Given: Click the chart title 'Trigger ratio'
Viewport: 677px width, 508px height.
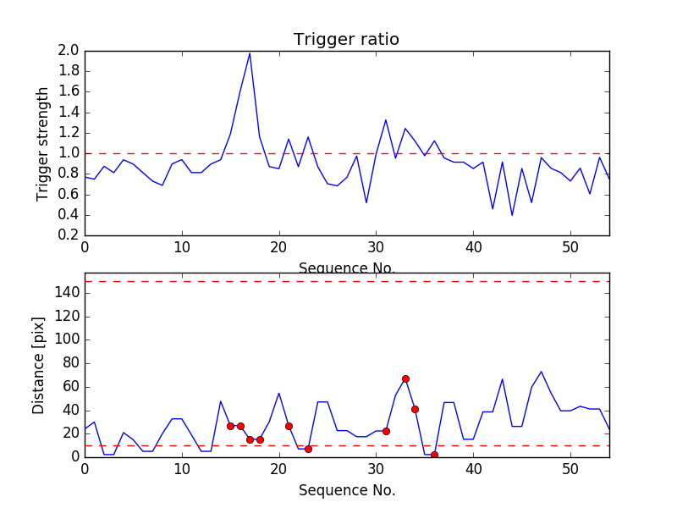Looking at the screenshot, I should [346, 40].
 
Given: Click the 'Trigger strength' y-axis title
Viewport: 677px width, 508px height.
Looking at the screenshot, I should [43, 143].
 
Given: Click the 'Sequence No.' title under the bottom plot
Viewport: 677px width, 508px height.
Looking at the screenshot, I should [346, 490].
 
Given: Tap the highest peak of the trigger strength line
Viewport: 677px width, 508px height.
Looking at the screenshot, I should [250, 53].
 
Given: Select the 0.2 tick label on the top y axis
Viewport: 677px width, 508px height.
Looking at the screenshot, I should [69, 235].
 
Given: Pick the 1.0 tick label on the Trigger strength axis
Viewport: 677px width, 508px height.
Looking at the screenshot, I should [69, 153].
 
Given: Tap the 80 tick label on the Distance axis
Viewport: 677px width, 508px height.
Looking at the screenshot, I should [69, 363].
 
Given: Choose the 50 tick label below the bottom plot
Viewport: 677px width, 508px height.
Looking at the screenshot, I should [570, 469].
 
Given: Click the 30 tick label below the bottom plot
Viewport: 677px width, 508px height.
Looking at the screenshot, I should [376, 469].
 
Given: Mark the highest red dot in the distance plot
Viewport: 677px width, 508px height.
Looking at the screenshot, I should [405, 378].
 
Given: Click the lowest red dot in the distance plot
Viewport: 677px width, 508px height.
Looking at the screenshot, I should [434, 455].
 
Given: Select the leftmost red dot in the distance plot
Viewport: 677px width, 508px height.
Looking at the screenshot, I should [230, 426].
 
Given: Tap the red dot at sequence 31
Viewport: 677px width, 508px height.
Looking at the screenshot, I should [386, 431].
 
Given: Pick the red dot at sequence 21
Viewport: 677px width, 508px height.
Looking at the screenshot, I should [289, 426].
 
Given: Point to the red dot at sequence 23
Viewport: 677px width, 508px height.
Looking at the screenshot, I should [308, 449].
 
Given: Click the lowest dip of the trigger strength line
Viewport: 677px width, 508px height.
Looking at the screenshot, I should [512, 215].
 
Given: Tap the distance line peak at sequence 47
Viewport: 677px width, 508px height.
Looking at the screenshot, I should [541, 372].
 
